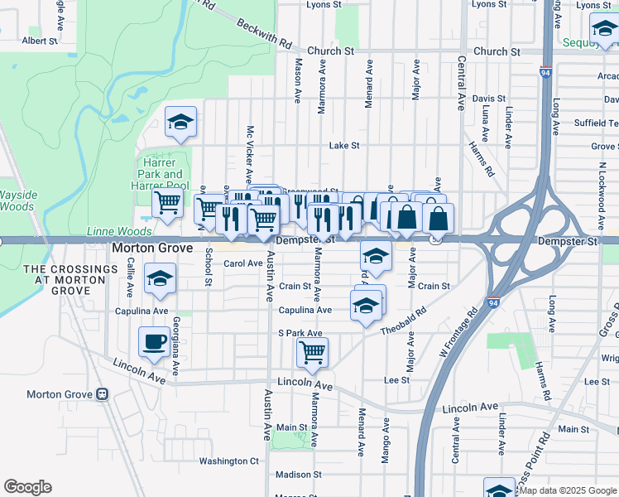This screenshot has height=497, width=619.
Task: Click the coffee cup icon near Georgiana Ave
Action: pyautogui.click(x=154, y=342)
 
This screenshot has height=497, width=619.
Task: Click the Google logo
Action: pyautogui.click(x=27, y=487)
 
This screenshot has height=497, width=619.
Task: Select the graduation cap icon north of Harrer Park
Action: pyautogui.click(x=180, y=123)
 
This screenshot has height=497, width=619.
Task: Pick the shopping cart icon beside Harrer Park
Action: pyautogui.click(x=168, y=201)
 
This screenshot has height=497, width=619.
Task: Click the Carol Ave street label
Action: pyautogui.click(x=243, y=263)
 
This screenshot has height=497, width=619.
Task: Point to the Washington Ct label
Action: pyautogui.click(x=229, y=461)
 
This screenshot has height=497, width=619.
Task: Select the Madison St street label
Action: pyautogui.click(x=298, y=475)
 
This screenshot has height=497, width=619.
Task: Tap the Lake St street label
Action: pyautogui.click(x=343, y=146)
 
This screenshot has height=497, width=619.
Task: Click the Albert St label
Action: pyautogui.click(x=40, y=40)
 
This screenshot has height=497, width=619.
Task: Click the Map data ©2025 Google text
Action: pyautogui.click(x=567, y=490)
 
